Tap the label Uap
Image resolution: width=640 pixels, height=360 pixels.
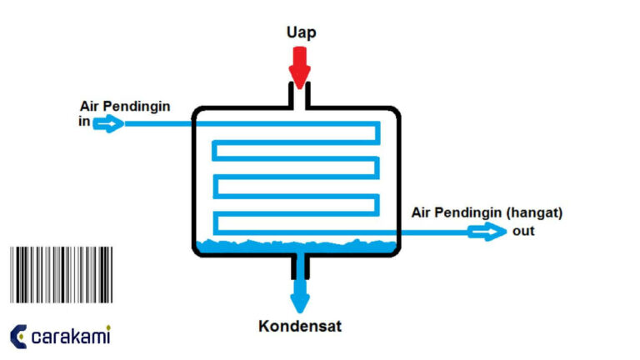pyautogui.click(x=300, y=32)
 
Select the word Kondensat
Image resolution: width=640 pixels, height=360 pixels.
pyautogui.click(x=300, y=327)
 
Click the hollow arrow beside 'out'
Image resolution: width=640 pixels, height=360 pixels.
pyautogui.click(x=487, y=231)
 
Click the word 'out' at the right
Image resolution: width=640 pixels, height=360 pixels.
pyautogui.click(x=523, y=231)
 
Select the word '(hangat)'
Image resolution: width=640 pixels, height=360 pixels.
pyautogui.click(x=534, y=212)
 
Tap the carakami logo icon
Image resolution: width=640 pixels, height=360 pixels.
pyautogui.click(x=18, y=336)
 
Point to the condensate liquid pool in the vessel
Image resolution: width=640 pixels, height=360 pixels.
pyautogui.click(x=296, y=247)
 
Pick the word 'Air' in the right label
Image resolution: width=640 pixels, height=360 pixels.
pyautogui.click(x=422, y=212)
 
